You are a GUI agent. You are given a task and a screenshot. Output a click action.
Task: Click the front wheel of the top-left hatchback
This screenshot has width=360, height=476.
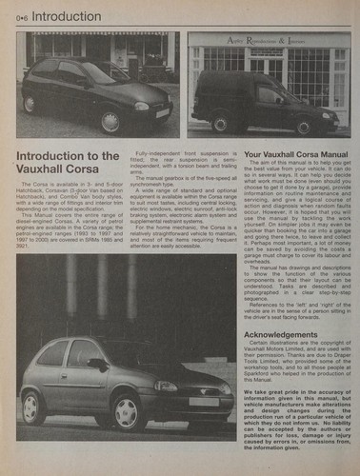click(110, 121)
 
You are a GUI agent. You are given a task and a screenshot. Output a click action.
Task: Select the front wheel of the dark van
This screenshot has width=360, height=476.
click(304, 127)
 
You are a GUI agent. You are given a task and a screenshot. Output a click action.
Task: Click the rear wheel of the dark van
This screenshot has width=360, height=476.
click(221, 123)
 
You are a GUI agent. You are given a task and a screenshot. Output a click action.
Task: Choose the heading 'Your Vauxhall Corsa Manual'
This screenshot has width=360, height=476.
click(294, 153)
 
